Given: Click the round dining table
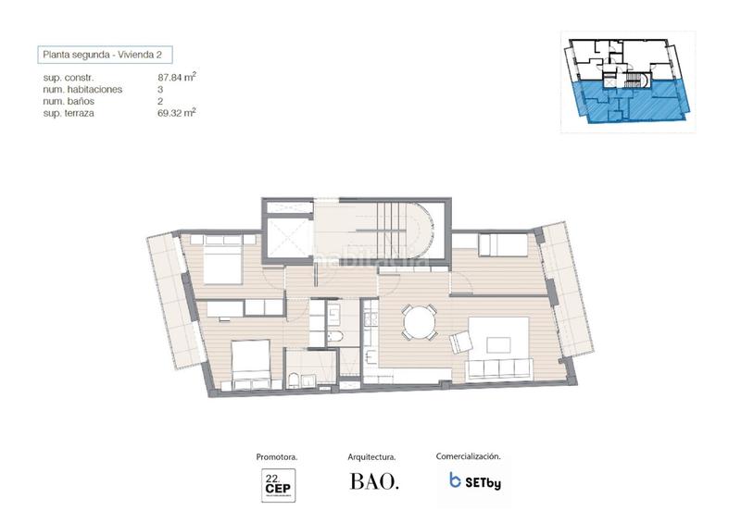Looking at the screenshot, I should click(x=418, y=323).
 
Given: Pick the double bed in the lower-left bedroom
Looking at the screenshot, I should click(x=249, y=364).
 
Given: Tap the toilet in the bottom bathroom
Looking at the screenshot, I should click(x=293, y=377).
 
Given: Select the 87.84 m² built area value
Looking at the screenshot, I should click(x=177, y=78).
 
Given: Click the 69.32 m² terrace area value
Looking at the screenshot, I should click(x=177, y=113).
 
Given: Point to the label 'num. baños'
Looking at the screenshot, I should click(x=70, y=101).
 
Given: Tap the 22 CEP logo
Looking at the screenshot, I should click(x=277, y=484).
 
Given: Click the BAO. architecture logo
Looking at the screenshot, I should click(x=374, y=482).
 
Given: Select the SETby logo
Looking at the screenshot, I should click(x=474, y=481).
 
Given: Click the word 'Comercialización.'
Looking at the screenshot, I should click(x=469, y=456).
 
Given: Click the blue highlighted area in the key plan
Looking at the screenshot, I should click(x=630, y=100).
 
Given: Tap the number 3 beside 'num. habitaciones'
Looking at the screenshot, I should click(x=161, y=90).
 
